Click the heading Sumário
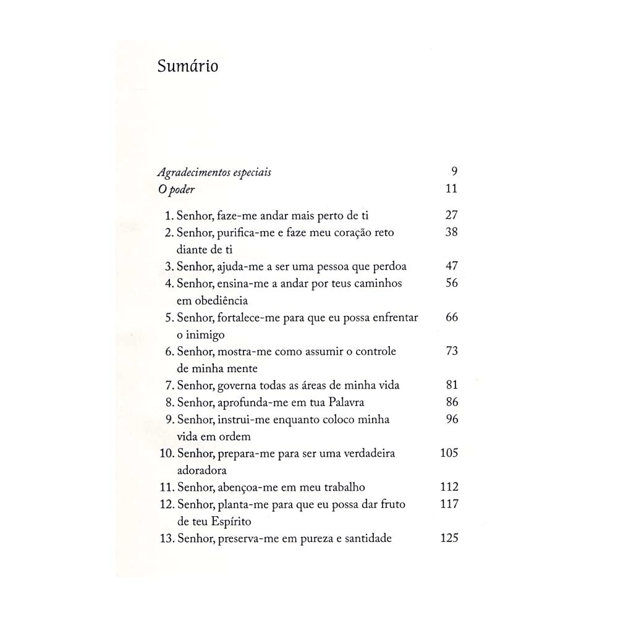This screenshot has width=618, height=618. coord(187,66)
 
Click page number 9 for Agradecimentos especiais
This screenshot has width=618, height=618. coord(454,172)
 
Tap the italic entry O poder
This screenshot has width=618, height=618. coord(176,190)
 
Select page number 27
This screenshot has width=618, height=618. coord(451,216)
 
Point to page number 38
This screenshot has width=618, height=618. coord(451,233)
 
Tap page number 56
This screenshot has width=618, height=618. coord(451,283)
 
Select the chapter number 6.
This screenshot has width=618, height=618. coord(168,351)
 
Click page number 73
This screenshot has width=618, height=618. coord(451,351)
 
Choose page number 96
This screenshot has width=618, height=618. coord(451,419)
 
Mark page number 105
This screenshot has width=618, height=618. coord(449,453)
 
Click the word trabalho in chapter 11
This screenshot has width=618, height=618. coord(349,487)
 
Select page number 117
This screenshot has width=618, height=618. coord(449,504)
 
